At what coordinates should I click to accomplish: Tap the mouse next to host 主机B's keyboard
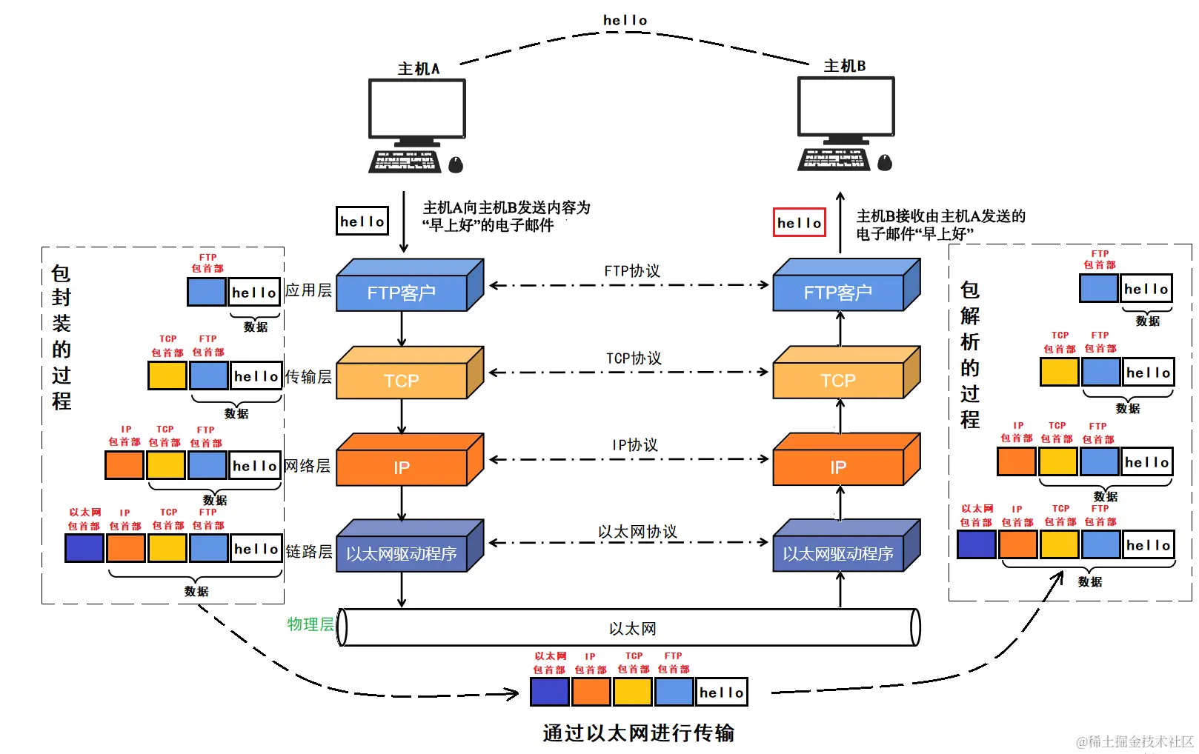point(885,163)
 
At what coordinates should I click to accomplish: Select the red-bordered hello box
point(799,222)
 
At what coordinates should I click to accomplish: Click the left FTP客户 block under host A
point(402,292)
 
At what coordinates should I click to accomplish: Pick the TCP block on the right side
point(838,379)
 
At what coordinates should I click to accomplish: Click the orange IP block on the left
point(402,467)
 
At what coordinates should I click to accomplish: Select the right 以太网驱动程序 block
point(838,553)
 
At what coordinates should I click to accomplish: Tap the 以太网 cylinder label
point(632,628)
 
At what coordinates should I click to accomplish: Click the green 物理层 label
point(310,624)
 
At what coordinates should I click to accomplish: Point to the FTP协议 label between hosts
point(631,271)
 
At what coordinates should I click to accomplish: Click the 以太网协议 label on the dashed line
point(637,531)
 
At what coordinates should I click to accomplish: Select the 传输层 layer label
point(308,377)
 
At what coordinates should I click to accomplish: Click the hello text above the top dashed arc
point(625,21)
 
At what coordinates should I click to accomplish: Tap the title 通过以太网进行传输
point(638,733)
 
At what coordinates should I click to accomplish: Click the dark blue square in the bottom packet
point(549,692)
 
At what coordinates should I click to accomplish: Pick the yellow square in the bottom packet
point(632,692)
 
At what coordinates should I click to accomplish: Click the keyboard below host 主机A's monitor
point(405,161)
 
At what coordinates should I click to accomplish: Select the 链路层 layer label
point(309,552)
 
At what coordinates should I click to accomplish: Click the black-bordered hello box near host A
point(362,221)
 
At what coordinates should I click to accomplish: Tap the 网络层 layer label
point(308,466)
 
